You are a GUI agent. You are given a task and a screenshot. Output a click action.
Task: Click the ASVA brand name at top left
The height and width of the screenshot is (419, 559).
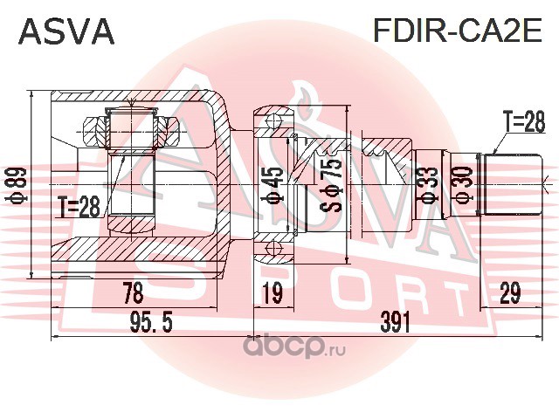[66, 31]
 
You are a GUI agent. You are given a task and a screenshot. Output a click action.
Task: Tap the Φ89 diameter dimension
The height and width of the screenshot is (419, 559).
[17, 185]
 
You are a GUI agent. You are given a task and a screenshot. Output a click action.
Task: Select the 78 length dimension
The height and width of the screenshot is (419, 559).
[133, 292]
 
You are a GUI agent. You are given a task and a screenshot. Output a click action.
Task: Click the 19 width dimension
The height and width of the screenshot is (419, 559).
[273, 292]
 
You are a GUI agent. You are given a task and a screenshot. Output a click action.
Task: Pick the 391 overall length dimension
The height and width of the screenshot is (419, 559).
[396, 322]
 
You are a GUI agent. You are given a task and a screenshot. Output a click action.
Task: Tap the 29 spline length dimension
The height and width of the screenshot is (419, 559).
[510, 292]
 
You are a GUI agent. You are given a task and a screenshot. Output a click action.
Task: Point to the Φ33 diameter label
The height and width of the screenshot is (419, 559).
[429, 185]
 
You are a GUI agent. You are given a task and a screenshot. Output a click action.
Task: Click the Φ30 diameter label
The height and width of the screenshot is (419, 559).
[464, 185]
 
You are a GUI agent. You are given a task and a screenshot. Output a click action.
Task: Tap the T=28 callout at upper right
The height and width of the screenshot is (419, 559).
[523, 121]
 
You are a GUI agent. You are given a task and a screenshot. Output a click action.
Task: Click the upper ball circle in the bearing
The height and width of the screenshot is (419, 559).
[273, 121]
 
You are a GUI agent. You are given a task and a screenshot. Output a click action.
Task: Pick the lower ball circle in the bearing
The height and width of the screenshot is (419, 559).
[273, 247]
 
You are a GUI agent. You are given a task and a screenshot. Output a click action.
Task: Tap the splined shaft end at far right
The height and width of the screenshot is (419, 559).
[514, 184]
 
